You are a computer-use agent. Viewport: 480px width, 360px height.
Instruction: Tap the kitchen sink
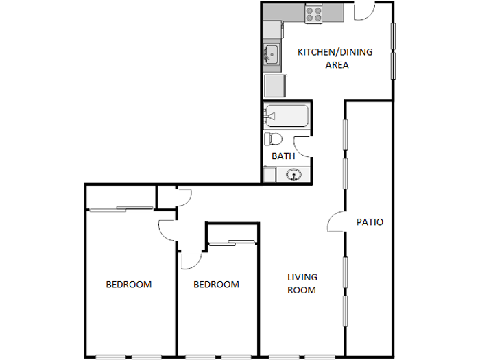tap(271, 53)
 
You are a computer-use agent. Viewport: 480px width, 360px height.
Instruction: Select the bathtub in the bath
tap(287, 117)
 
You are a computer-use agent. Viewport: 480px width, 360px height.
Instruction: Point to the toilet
tap(273, 139)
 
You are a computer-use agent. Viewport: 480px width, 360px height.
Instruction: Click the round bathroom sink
tap(294, 175)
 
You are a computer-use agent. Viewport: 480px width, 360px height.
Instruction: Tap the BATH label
tap(283, 156)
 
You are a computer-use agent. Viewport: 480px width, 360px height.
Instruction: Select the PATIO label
tap(370, 222)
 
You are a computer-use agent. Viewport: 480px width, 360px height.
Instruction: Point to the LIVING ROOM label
tap(302, 283)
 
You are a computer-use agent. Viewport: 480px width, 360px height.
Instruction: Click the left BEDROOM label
tap(128, 285)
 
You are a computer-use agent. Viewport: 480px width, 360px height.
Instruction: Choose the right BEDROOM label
tap(216, 285)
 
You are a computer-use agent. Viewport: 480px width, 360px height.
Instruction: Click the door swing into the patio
tap(336, 221)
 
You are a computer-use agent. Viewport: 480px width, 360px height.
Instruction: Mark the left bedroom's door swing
tap(167, 230)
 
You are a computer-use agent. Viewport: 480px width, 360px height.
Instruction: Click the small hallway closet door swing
tap(183, 197)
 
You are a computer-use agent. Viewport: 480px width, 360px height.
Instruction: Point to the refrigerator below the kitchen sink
tap(275, 86)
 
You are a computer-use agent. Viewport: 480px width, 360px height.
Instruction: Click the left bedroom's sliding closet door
tap(120, 208)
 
